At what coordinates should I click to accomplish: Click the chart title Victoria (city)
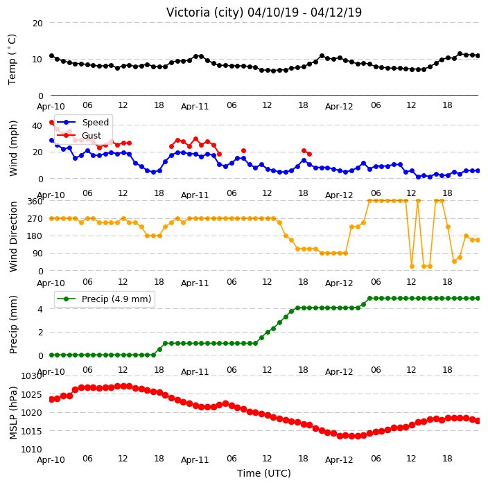click(x=204, y=12)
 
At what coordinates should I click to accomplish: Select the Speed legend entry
click(x=82, y=122)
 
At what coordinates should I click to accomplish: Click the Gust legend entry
click(x=79, y=136)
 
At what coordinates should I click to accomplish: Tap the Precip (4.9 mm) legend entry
click(x=105, y=299)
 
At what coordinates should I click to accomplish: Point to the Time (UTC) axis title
click(x=264, y=473)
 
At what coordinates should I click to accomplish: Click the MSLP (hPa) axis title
click(x=13, y=413)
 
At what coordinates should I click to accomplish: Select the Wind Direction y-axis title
click(x=13, y=237)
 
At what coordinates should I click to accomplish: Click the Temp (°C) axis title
click(x=12, y=59)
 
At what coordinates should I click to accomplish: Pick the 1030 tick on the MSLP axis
click(x=31, y=376)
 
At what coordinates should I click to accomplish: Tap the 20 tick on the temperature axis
click(x=37, y=23)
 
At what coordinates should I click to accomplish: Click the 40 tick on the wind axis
click(x=37, y=125)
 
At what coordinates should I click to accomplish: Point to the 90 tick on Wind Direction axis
click(x=37, y=254)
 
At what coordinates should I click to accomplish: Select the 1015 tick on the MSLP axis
click(x=31, y=431)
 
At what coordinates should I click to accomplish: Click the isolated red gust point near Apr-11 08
click(x=244, y=151)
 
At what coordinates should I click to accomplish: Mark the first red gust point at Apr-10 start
click(x=52, y=123)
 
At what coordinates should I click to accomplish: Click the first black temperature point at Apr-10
click(x=52, y=56)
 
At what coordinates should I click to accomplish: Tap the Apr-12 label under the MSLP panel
click(x=339, y=460)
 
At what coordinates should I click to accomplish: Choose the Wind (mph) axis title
click(x=13, y=149)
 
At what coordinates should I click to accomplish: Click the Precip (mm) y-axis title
click(x=13, y=324)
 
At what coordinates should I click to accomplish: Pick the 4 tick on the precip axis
click(x=40, y=309)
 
